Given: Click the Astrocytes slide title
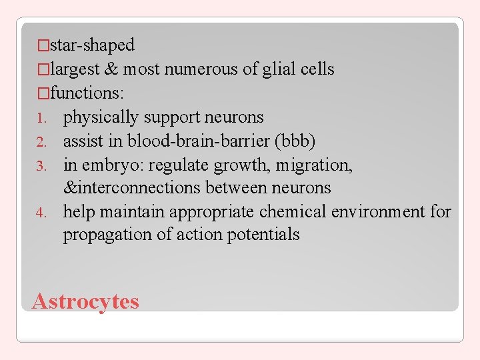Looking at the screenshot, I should pos(85,301).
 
